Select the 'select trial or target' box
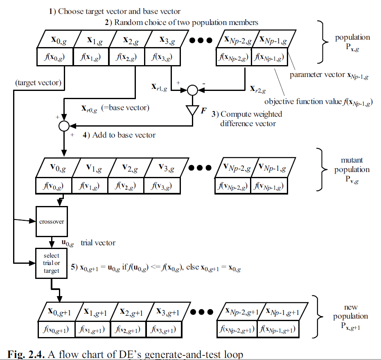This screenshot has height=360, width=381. click(x=51, y=263)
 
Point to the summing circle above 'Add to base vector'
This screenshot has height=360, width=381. click(x=63, y=126)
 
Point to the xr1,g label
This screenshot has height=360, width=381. click(x=160, y=87)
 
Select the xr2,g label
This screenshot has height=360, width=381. click(x=258, y=88)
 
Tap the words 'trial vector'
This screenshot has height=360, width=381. click(x=98, y=243)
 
